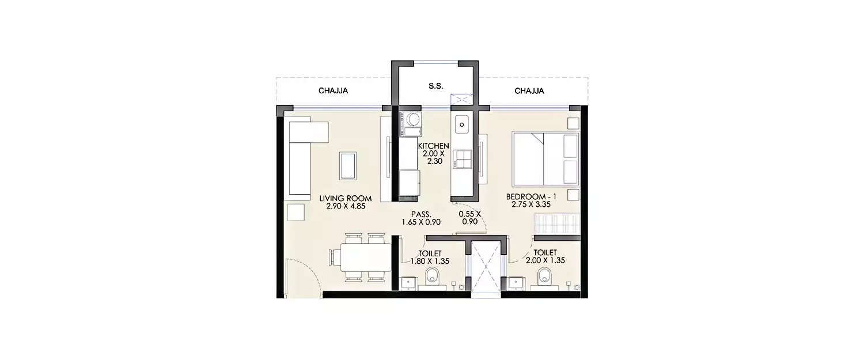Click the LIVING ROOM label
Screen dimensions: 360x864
point(346,198)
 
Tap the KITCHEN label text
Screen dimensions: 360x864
point(433,146)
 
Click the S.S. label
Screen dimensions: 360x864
point(435,85)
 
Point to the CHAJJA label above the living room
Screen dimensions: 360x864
point(334,91)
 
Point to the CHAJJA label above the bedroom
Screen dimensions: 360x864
point(529,91)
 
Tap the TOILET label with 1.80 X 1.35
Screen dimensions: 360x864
point(430,253)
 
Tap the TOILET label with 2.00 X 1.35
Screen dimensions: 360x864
point(545,253)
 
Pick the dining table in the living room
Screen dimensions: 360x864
point(366,257)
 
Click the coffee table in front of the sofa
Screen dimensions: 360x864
point(348,165)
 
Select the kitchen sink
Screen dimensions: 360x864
point(461,123)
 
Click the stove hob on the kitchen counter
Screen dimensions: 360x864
point(461,159)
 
